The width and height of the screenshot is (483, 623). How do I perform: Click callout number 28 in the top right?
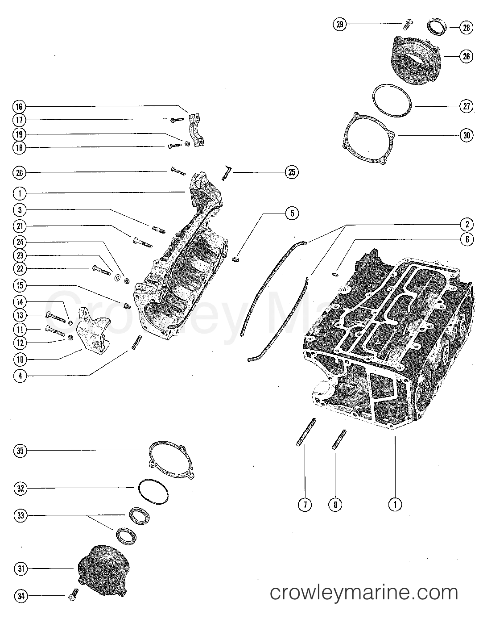tap(466, 28)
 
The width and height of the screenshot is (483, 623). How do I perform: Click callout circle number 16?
tap(20, 107)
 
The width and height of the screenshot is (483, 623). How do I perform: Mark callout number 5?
tap(292, 213)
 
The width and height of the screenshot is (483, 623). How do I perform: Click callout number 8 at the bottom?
tap(335, 505)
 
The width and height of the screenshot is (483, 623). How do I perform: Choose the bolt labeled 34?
tap(73, 594)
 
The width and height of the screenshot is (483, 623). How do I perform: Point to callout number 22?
tap(20, 269)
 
